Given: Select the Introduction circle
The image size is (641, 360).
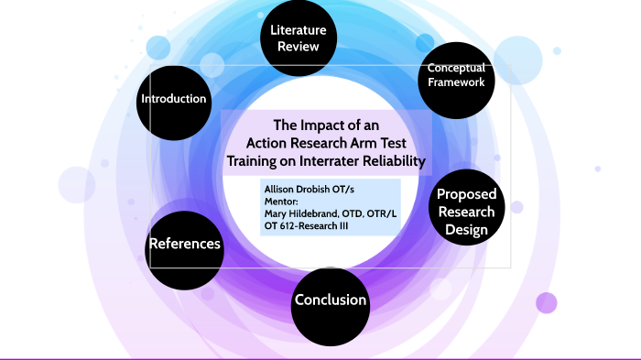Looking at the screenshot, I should (x=173, y=99).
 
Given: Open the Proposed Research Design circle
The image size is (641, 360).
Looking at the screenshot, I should (x=465, y=211).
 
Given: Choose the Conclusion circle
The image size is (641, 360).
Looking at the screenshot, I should (x=330, y=300).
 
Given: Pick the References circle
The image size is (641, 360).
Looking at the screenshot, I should (x=184, y=244).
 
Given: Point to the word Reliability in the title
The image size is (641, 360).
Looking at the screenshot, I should (x=399, y=161).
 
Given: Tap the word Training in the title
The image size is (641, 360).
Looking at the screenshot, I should (x=256, y=161).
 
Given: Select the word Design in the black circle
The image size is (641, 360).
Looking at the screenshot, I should (x=465, y=229).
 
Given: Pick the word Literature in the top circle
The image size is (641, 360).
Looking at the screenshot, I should (x=299, y=30).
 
